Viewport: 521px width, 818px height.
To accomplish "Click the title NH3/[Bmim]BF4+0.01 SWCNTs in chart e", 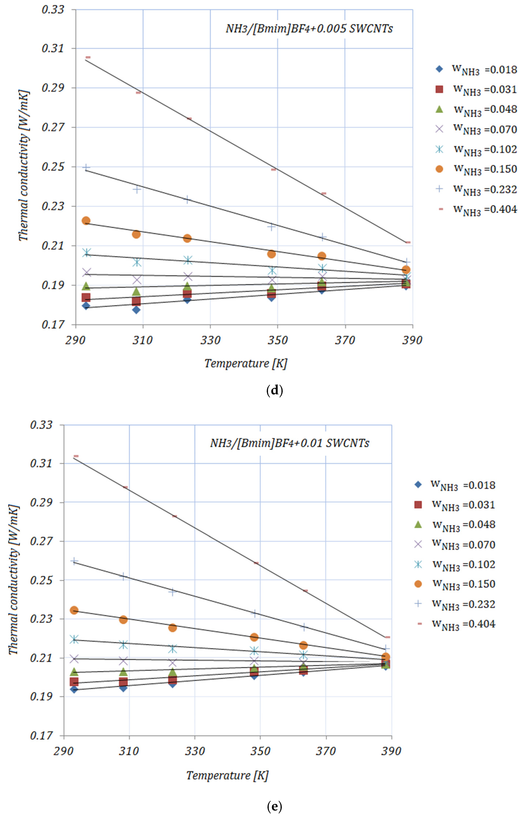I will pos(290,443).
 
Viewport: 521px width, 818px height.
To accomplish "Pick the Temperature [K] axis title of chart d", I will pos(246,363).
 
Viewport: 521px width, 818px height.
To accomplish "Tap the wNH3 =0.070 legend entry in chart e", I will pos(455,545).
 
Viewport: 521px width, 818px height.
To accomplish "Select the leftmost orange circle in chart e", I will pos(74,610).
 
